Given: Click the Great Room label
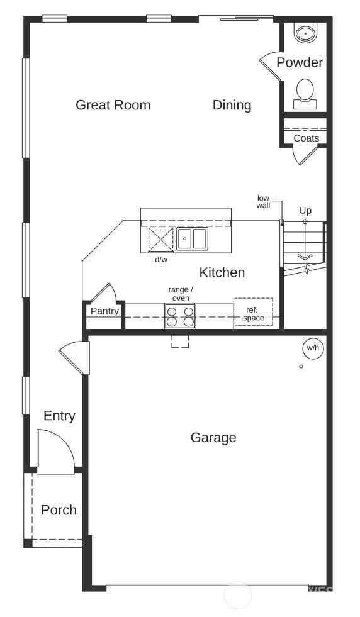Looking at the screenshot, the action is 113,105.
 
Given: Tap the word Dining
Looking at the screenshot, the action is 232,105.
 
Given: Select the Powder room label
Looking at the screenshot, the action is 300,62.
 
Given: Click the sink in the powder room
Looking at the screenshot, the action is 305,34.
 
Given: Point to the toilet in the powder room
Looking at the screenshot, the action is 305,94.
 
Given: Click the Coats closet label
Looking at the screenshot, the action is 307,138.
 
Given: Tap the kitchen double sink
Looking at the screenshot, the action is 192,238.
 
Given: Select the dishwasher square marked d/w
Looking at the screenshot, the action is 160,239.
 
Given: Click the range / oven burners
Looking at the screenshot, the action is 180,316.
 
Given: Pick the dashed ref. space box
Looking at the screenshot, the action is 254,312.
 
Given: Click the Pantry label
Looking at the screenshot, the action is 104,311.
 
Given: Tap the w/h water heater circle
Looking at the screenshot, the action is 313,348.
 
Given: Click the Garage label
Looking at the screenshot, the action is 213,438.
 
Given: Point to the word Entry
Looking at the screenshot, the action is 59,416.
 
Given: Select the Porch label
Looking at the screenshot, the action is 59,510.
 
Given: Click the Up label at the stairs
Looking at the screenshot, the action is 305,211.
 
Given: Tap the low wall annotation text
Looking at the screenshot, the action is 263,201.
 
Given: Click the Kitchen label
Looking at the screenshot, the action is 222,272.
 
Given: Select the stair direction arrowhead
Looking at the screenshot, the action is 305,257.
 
